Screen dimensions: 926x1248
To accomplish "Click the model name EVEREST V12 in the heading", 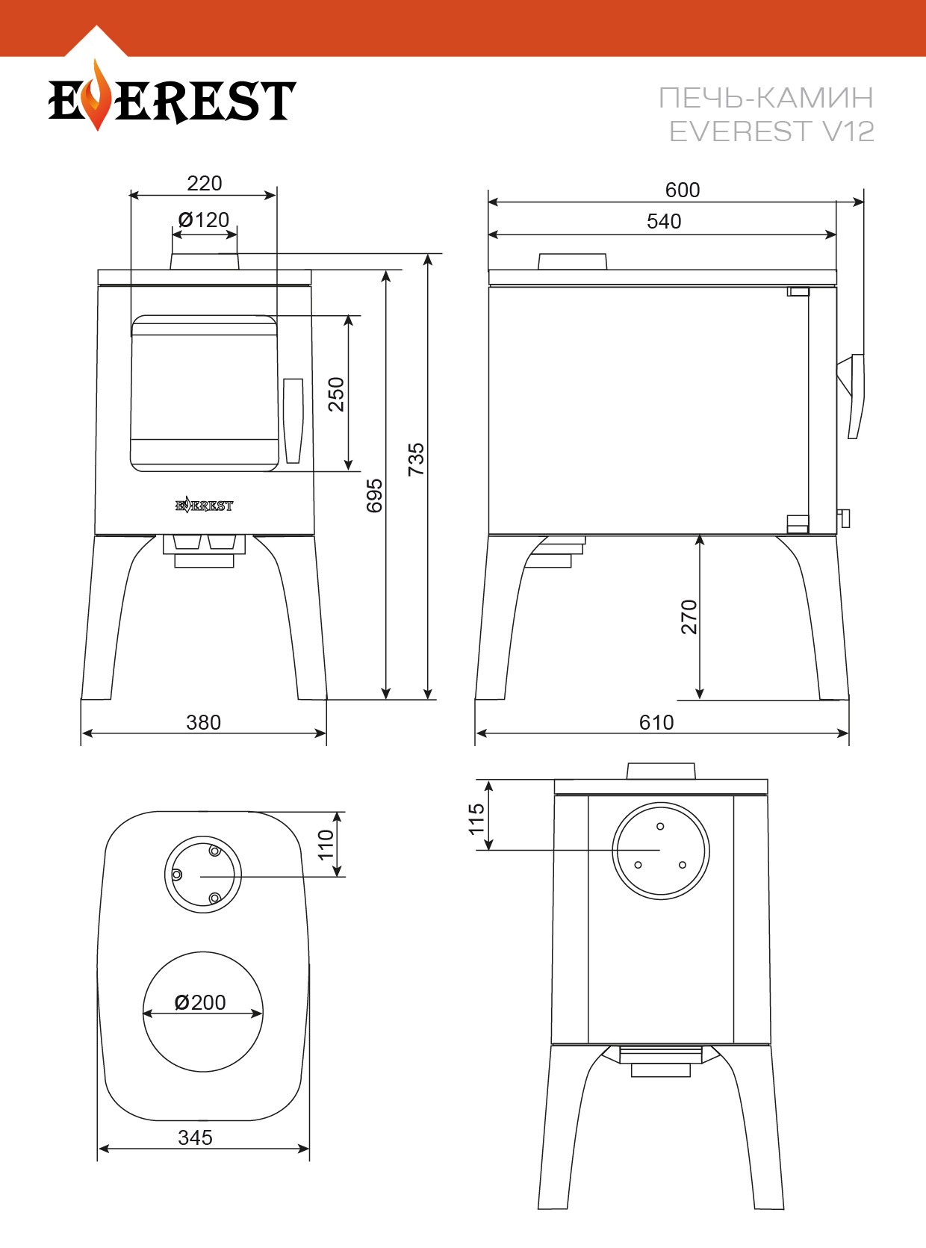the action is (x=771, y=131).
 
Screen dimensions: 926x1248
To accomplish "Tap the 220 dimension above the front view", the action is (x=204, y=184).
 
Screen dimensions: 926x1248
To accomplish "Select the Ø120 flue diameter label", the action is (x=204, y=220).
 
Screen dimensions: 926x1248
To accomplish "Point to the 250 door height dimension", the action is (x=336, y=394).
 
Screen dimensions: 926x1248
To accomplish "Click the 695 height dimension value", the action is (x=374, y=496).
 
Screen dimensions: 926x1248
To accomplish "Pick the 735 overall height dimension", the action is (x=416, y=459).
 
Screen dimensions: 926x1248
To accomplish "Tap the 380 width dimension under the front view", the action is (x=203, y=722).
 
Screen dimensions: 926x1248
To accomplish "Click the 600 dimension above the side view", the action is (x=683, y=190).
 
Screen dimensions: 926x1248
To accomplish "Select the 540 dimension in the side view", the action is (x=664, y=222).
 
